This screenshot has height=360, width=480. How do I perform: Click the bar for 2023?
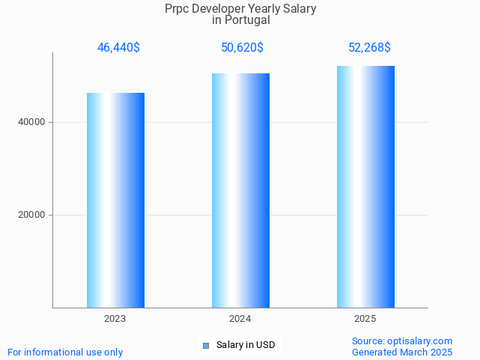(x=115, y=200)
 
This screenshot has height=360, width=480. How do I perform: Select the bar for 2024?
(x=240, y=190)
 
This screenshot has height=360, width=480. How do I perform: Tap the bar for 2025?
(x=365, y=186)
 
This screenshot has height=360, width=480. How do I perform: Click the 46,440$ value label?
(x=118, y=48)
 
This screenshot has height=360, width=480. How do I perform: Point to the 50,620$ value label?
(x=242, y=48)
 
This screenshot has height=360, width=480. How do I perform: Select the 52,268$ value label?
(x=369, y=48)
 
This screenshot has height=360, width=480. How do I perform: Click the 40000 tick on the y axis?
(x=31, y=122)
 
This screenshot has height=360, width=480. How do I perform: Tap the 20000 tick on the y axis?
(x=31, y=215)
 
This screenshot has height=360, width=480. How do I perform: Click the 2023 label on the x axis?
(x=115, y=319)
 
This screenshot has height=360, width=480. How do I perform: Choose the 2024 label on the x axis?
(x=240, y=319)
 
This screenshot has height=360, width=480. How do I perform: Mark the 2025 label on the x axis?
(x=365, y=319)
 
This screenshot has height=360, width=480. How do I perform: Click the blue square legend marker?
(x=206, y=345)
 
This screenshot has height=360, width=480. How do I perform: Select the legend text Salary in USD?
(x=246, y=345)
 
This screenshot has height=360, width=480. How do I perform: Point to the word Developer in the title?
(x=222, y=9)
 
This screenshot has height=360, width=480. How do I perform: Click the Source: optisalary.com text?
(x=402, y=341)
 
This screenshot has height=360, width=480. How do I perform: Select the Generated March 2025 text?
(x=402, y=352)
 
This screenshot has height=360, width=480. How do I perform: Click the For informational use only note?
(x=65, y=352)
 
